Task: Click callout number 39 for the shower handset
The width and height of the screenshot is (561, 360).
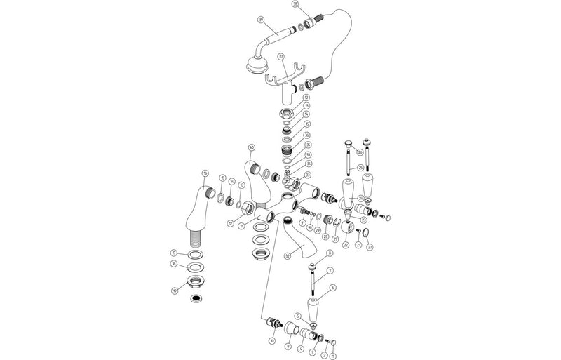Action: coord(261,20)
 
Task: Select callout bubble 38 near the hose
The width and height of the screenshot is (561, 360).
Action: coord(295,4)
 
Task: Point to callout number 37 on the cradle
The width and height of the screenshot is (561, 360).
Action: coord(280,56)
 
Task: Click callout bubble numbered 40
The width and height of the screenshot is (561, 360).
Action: coord(251,147)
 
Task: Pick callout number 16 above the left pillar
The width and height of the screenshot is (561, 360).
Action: coord(205,173)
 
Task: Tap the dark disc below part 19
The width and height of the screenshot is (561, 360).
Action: coord(196,298)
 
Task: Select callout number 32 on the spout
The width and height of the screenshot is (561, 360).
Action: coord(288,256)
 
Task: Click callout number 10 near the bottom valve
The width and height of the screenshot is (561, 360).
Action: coord(271,340)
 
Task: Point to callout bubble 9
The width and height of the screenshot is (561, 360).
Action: coord(287,346)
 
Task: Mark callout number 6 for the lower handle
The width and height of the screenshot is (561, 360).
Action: coord(332,288)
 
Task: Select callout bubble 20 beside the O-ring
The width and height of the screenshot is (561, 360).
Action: coord(370,247)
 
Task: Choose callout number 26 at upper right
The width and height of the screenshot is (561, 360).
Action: coord(360,152)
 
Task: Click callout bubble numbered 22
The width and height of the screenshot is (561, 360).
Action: coord(345,245)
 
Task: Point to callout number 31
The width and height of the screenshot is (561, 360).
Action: coord(302,222)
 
